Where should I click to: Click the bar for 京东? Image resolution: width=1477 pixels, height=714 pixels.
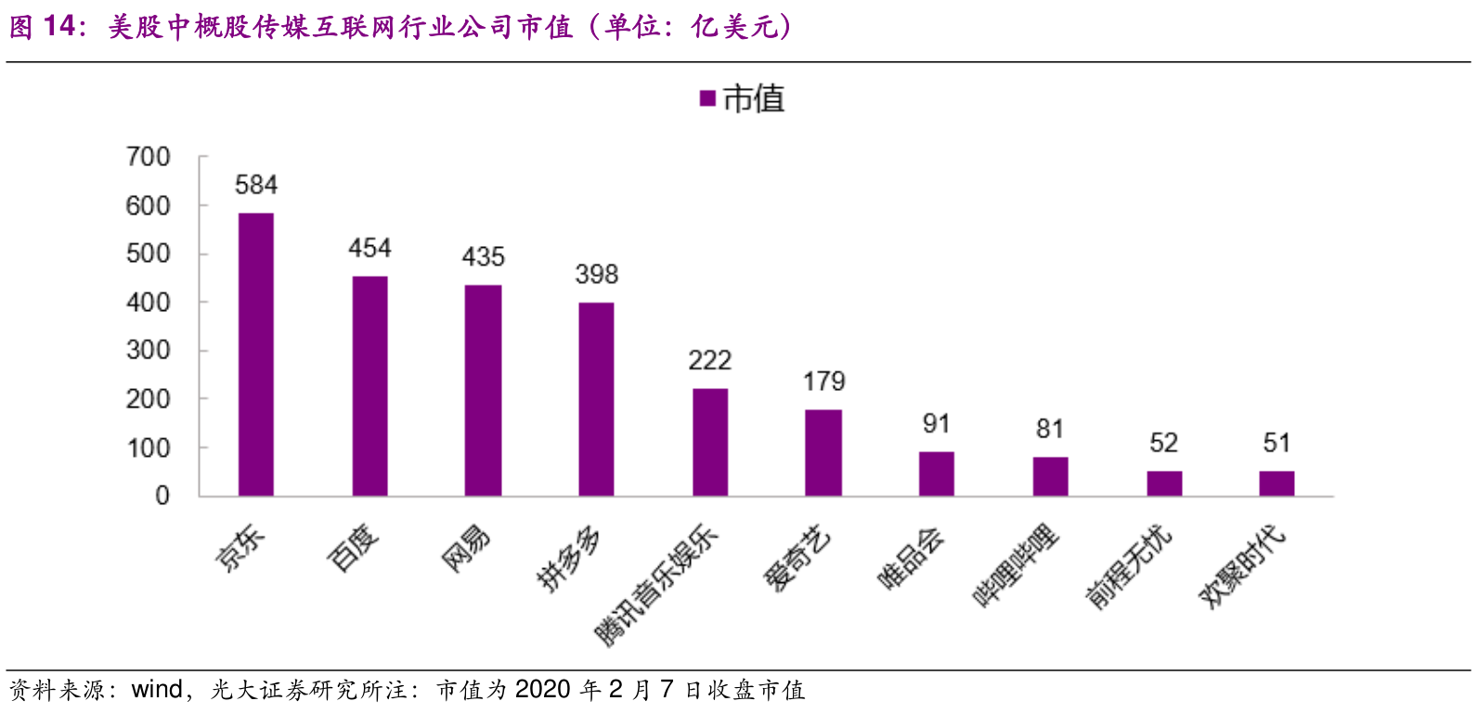[256, 355]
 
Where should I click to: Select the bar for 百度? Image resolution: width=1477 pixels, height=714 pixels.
[369, 386]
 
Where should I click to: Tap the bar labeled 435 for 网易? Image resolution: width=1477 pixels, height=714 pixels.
[483, 390]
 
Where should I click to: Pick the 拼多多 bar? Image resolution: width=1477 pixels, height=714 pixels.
[596, 399]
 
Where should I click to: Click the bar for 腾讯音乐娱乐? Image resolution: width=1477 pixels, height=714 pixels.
[710, 442]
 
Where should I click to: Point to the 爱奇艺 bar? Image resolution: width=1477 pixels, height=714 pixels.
[823, 453]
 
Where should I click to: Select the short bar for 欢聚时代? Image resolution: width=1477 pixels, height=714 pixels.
[1276, 484]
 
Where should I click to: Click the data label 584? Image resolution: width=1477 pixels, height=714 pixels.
[256, 185]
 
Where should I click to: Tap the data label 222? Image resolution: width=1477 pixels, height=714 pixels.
[710, 360]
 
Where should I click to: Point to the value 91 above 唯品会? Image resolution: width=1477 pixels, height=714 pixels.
[937, 424]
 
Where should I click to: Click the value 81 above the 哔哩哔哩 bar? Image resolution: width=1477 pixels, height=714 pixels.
[1050, 429]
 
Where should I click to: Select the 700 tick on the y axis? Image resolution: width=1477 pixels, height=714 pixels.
[149, 157]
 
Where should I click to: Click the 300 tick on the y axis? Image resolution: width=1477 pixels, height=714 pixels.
[149, 351]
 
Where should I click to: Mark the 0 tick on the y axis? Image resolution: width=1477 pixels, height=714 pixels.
[162, 496]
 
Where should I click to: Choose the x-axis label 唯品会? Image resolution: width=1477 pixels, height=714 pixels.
[912, 557]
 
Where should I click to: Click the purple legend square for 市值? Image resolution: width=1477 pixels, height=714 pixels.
[707, 98]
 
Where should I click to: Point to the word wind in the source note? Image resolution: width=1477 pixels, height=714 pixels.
[157, 690]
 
